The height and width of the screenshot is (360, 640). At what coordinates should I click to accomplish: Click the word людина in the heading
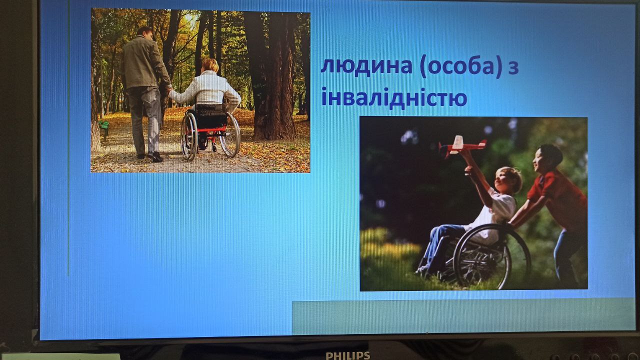click(366, 66)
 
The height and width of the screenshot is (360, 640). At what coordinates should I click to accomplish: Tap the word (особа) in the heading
click(461, 67)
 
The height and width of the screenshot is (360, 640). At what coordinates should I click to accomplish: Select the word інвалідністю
click(394, 97)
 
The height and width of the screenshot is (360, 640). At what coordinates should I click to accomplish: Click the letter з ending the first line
click(513, 68)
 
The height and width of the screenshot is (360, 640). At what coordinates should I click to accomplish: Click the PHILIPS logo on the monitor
click(347, 355)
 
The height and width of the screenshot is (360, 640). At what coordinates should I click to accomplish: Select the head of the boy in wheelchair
click(507, 180)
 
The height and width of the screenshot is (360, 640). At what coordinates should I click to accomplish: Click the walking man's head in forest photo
click(144, 33)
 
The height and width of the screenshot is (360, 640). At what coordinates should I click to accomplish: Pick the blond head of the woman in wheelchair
click(210, 65)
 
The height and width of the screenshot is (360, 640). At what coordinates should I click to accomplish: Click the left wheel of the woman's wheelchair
click(189, 136)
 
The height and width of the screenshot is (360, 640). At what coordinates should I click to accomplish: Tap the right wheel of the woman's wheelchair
click(229, 134)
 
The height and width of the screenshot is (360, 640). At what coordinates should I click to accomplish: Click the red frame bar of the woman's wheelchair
click(211, 130)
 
